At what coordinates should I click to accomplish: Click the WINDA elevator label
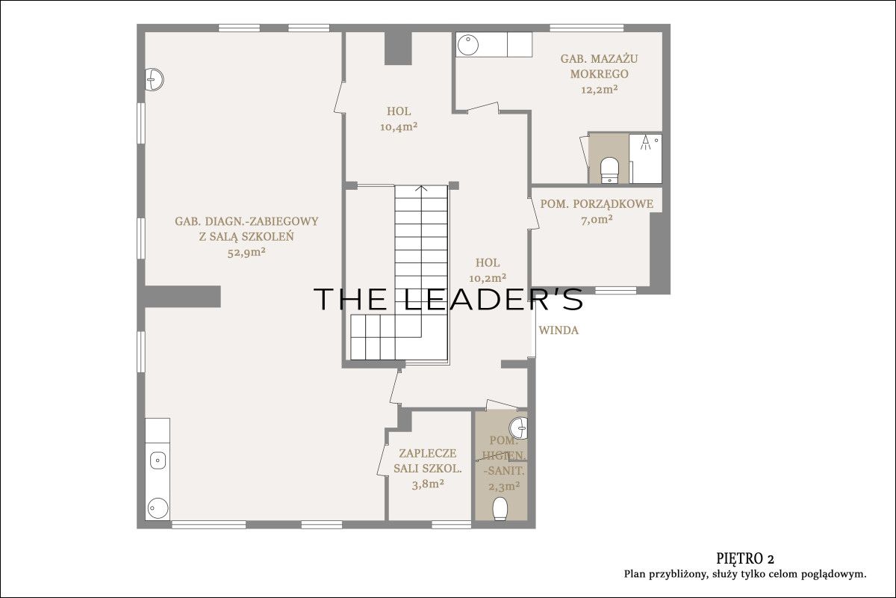pos(559,330)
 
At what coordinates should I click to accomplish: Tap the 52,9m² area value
pos(246,253)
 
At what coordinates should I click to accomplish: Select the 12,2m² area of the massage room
pos(599,89)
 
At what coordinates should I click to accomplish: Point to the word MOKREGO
pos(599,74)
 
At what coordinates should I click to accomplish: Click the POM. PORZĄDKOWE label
pos(597,204)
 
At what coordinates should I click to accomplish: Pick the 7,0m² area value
pos(597,220)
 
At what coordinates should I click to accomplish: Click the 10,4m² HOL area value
pos(399,127)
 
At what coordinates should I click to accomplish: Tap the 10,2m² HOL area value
pos(488,277)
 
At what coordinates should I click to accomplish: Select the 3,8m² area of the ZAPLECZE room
pos(428,484)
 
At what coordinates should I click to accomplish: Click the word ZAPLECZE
pos(428,453)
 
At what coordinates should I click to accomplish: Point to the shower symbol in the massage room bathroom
pos(645,143)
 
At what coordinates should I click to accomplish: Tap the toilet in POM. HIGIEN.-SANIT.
pos(500,509)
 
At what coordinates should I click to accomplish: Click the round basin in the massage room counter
pos(467,45)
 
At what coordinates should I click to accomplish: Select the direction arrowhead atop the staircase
pos(421,188)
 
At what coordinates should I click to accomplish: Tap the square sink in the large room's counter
pos(158,460)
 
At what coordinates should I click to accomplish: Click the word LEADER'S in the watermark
pos(493,299)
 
